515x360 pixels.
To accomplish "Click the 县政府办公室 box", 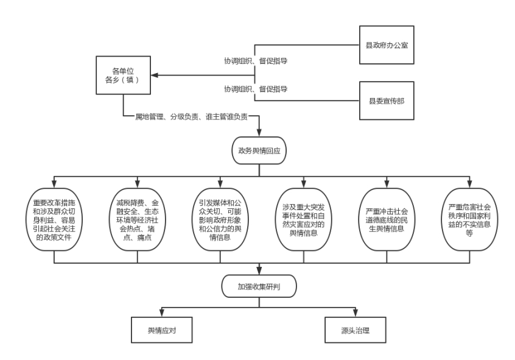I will (x=386, y=45).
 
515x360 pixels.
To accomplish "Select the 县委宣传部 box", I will (x=386, y=100).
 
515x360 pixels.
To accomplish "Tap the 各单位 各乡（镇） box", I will (x=122, y=76).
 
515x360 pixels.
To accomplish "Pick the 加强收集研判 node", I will (x=259, y=285).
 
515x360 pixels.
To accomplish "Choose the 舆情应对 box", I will (x=162, y=330).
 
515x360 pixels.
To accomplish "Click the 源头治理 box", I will (x=356, y=330).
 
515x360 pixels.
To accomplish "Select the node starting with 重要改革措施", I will (x=54, y=219).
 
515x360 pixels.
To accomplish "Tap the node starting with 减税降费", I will (x=138, y=219).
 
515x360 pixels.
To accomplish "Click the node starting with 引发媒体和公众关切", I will (x=221, y=219).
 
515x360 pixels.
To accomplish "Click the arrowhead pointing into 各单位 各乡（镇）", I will (x=155, y=76).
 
